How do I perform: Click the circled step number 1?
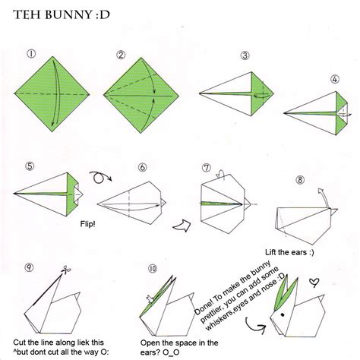pyautogui.click(x=30, y=55)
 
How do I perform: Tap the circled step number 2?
pyautogui.click(x=120, y=55)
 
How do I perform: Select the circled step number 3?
pyautogui.click(x=245, y=55)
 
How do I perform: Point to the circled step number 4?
pyautogui.click(x=334, y=79)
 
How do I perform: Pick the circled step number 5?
pyautogui.click(x=30, y=166)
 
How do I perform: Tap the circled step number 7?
pyautogui.click(x=206, y=167)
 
